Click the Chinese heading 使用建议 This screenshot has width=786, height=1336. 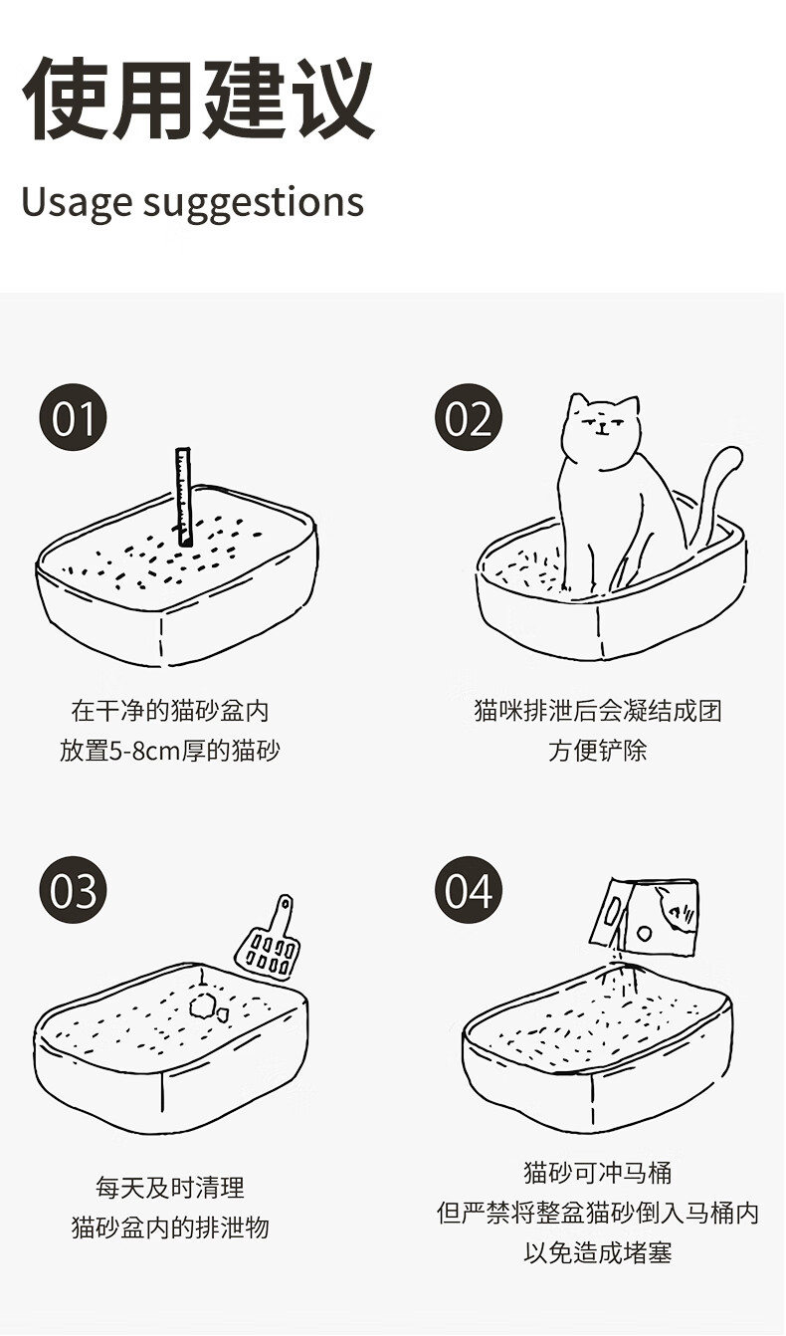click(x=198, y=99)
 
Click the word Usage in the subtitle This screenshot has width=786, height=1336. click(x=77, y=203)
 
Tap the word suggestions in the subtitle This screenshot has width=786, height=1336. click(x=254, y=203)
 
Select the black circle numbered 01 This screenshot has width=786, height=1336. click(x=73, y=418)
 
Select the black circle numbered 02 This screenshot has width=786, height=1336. click(x=469, y=418)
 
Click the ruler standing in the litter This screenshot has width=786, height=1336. click(x=184, y=498)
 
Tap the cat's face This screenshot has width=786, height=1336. click(x=602, y=423)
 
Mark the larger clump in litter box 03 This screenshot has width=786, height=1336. click(x=202, y=1006)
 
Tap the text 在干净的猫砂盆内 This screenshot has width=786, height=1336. click(x=170, y=711)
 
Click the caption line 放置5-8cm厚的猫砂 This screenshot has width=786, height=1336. click(x=170, y=751)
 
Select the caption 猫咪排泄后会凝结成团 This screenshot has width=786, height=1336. click(x=598, y=711)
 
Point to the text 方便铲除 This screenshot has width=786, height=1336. click(x=598, y=751)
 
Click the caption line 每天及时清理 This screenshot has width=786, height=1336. click(x=170, y=1188)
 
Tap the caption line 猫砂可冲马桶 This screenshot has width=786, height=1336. click(x=598, y=1173)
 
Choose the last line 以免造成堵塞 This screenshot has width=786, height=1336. click(x=598, y=1252)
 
